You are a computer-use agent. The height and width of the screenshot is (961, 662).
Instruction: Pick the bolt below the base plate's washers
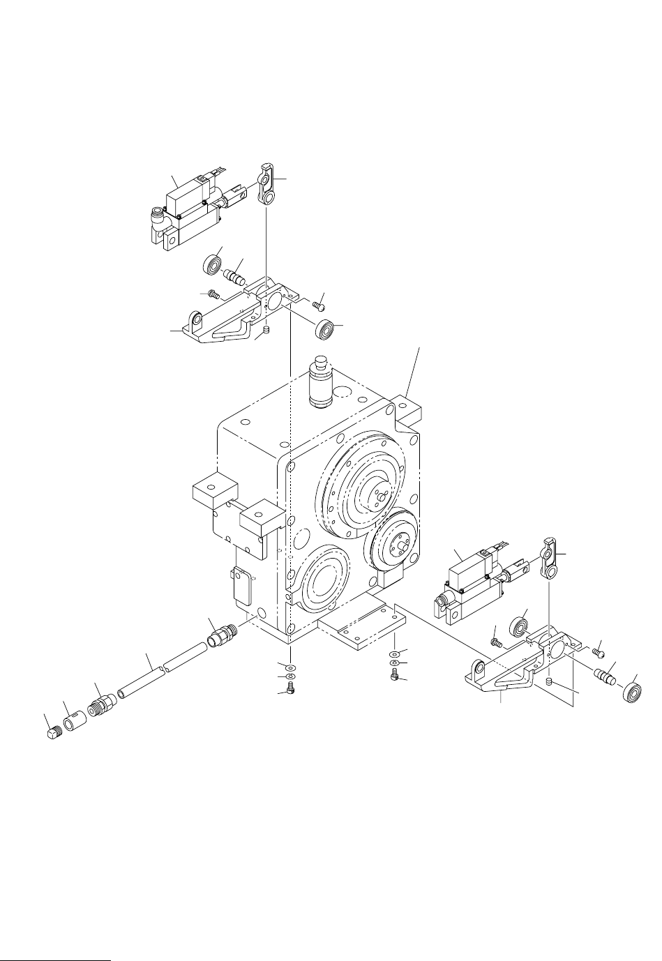393,674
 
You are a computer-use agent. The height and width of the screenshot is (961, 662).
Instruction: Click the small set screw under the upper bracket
266,330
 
